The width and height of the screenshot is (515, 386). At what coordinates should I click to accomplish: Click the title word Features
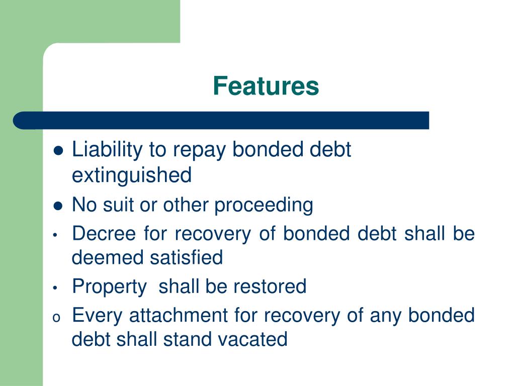coord(266,86)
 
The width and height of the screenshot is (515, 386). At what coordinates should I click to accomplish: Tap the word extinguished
coord(132,175)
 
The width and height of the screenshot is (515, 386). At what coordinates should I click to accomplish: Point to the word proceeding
coord(264,205)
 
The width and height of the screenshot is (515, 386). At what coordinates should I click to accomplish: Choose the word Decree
coord(104,234)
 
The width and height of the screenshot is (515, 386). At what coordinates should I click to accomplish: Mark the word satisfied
coord(186,258)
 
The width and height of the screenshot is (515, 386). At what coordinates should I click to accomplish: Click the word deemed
coord(107,258)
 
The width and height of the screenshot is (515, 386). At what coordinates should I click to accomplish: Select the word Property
coord(109,286)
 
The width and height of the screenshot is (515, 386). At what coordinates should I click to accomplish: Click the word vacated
coord(252,339)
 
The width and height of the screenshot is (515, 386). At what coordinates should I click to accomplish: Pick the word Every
coord(98,316)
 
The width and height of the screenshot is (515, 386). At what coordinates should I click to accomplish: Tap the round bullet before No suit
coord(58,206)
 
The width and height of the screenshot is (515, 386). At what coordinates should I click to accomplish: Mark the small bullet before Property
coord(56,288)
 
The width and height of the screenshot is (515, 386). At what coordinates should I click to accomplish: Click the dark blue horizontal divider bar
coord(221,121)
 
